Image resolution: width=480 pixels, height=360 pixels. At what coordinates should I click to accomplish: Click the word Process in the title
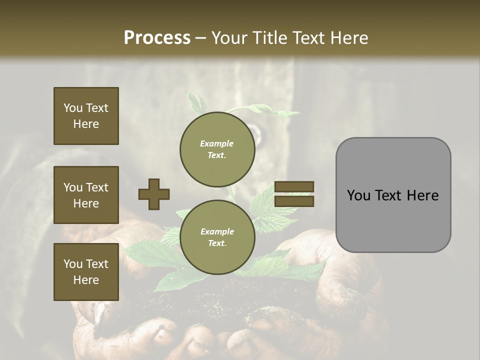157,38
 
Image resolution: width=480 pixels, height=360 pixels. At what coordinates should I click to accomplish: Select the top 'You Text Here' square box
86,116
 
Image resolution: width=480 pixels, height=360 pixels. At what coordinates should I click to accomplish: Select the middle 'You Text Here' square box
86,195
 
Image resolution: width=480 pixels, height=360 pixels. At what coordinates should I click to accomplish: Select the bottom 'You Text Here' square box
86,272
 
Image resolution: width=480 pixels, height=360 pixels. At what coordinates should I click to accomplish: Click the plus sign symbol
154,194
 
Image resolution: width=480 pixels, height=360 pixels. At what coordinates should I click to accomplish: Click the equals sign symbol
294,194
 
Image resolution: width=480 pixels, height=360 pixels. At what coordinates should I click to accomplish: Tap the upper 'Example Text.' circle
217,149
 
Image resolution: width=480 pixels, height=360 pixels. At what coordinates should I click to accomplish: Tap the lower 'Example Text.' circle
217,237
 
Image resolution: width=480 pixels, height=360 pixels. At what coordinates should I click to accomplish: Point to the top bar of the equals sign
294,187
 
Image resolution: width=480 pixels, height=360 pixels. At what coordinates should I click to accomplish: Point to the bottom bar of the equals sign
294,201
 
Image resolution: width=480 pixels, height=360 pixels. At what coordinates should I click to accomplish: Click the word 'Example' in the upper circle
216,143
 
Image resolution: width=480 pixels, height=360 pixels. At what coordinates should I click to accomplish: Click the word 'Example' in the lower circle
216,231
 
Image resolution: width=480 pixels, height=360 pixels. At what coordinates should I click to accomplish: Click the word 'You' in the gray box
358,195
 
